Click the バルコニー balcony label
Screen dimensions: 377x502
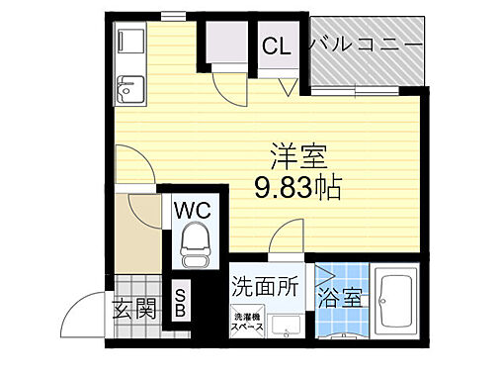[367, 45]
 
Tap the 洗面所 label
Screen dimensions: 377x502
[264, 287]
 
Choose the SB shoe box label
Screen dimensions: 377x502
[180, 302]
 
